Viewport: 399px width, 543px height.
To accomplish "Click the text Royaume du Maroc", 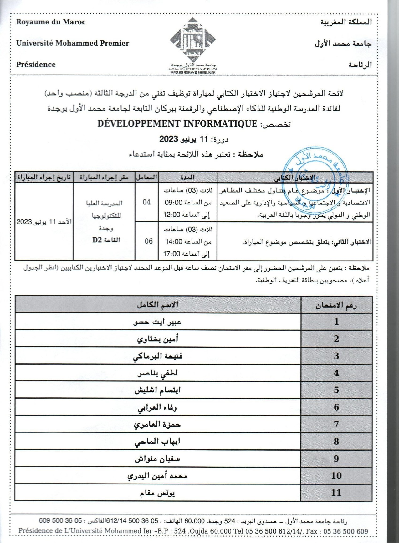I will (x=51, y=22).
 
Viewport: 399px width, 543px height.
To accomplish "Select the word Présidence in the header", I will (x=36, y=65).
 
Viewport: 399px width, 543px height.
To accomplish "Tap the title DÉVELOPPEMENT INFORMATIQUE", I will (x=177, y=124).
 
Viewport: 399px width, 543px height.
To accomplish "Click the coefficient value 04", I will (x=147, y=202).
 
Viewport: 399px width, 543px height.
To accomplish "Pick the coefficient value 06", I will (x=149, y=241).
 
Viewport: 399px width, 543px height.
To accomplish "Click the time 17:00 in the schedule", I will (x=172, y=254).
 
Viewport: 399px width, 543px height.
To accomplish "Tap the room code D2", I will (x=97, y=240).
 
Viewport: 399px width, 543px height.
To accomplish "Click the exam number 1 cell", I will (x=336, y=322).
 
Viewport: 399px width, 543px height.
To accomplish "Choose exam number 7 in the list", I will (x=336, y=424).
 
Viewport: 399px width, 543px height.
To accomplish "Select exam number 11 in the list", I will (x=336, y=493).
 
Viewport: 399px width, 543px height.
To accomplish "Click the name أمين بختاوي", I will (x=158, y=339).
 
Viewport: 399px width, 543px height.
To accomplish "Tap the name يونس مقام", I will (x=157, y=493).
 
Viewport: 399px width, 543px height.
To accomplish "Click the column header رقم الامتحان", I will (x=336, y=305).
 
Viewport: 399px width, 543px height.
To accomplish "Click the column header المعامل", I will (x=146, y=177).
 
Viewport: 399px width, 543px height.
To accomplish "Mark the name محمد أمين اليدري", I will (x=157, y=476).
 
